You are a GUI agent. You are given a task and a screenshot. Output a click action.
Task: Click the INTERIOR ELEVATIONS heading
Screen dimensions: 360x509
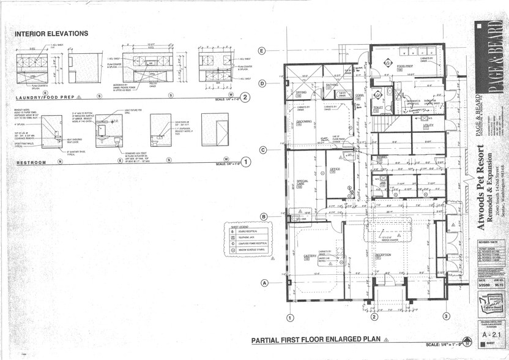click(x=51, y=34)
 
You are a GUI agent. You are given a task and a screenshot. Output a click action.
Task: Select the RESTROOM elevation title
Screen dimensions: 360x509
click(x=31, y=162)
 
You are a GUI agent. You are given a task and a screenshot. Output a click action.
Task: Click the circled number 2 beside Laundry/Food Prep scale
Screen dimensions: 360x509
click(x=245, y=97)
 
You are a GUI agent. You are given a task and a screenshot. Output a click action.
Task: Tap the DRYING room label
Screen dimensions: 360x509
click(x=301, y=92)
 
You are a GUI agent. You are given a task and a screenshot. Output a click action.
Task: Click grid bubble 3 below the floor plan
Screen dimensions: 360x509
click(x=447, y=317)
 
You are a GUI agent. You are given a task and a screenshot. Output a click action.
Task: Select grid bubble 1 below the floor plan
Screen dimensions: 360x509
click(x=290, y=318)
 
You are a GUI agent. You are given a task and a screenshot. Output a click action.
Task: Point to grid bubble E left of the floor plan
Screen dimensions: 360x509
click(x=262, y=51)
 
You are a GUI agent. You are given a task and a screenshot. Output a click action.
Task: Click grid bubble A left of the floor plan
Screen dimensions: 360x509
click(x=265, y=283)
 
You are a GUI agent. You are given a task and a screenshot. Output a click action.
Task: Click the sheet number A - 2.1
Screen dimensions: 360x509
click(x=488, y=336)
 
